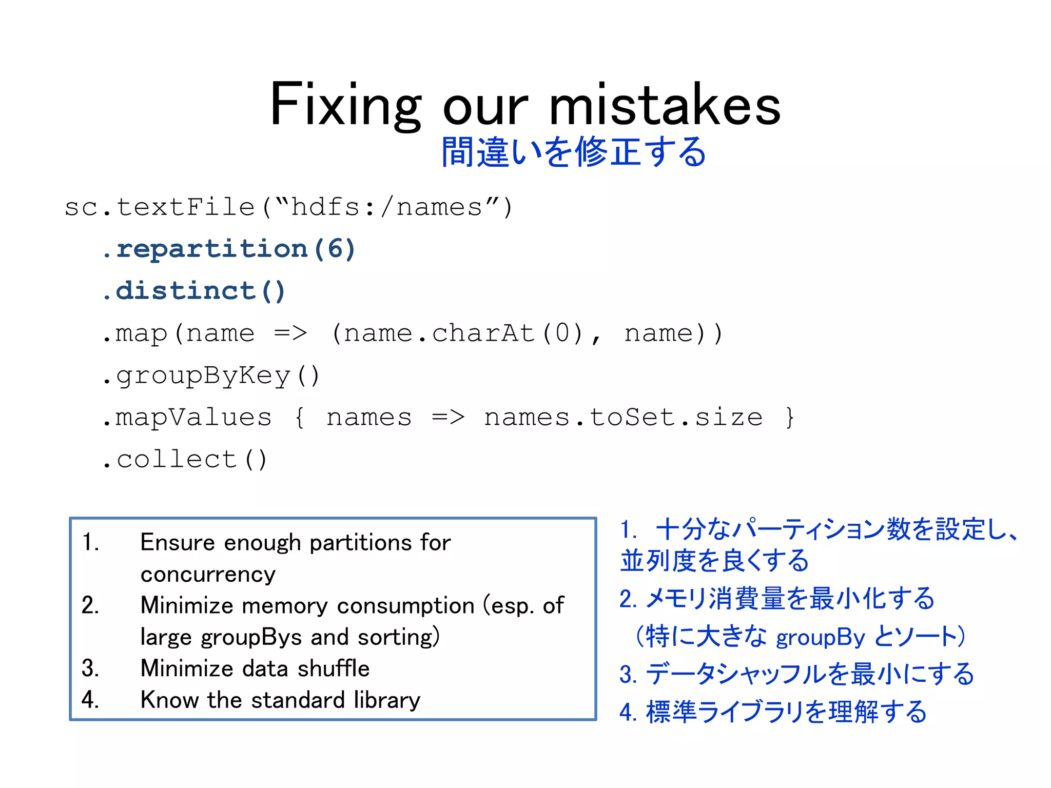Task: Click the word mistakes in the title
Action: [665, 105]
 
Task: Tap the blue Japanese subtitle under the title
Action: [574, 152]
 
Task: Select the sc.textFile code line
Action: [288, 208]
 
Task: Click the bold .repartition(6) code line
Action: [229, 249]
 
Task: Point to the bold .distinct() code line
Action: [193, 291]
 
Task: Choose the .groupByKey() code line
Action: [211, 376]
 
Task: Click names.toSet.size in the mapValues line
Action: [623, 417]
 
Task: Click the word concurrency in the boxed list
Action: [208, 575]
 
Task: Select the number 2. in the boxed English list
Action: [90, 606]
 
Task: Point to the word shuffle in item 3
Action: [333, 668]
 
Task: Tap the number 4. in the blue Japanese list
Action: [628, 712]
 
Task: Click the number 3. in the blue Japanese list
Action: [628, 675]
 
